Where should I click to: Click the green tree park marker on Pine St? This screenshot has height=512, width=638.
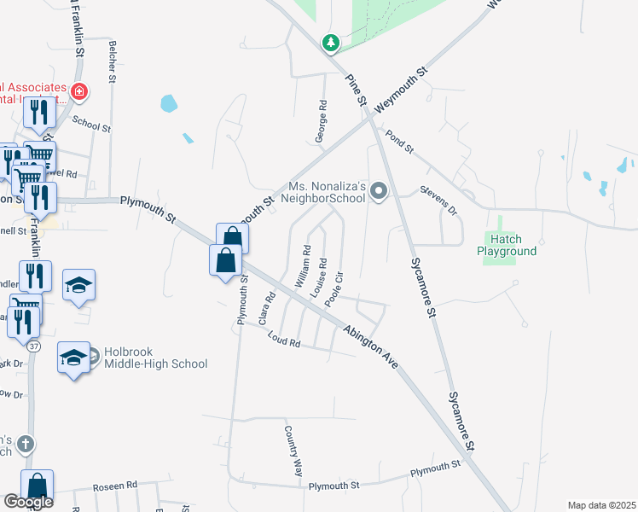[331, 42]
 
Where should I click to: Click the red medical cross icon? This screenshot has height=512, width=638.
[79, 90]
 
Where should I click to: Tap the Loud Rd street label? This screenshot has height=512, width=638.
[284, 340]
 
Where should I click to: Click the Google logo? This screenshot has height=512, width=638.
[28, 503]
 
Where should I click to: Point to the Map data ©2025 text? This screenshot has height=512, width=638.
[600, 505]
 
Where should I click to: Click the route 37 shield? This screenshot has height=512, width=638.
[33, 346]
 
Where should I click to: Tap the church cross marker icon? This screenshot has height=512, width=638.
[26, 444]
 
